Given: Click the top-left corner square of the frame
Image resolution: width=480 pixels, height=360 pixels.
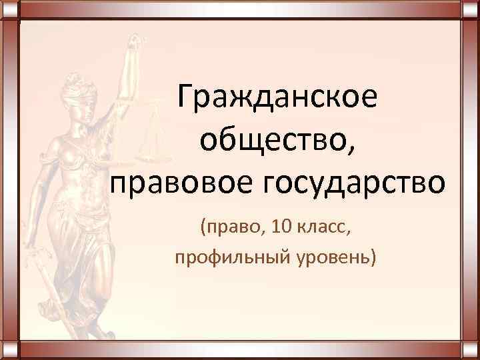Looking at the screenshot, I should [9, 9].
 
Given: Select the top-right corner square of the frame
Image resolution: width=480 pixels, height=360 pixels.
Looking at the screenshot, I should [470, 9].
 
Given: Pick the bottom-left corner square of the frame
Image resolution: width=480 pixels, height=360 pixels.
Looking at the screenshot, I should [9, 350].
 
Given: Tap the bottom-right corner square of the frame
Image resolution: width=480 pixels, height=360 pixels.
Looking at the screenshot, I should [470, 350].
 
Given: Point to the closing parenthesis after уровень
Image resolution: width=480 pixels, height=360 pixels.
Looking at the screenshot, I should [373, 257].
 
